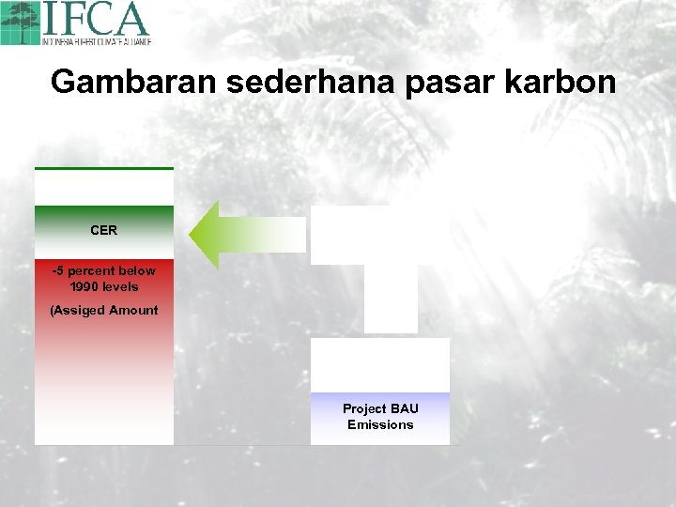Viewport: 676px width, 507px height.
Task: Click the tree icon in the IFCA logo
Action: (x=21, y=23)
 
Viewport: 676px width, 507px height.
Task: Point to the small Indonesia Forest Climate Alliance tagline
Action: (x=96, y=41)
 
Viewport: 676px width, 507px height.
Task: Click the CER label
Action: (x=103, y=230)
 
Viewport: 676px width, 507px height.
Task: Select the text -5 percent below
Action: (x=103, y=271)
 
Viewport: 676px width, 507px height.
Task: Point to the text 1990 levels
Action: (x=103, y=287)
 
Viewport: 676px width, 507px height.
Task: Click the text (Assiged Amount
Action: (x=103, y=311)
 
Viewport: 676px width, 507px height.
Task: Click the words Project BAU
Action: (x=380, y=409)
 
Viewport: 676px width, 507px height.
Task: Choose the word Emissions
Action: (x=380, y=425)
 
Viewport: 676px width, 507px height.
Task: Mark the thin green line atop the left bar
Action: (x=103, y=168)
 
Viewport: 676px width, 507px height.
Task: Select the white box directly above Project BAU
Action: (x=380, y=364)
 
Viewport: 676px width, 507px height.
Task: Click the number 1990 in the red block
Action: (x=85, y=287)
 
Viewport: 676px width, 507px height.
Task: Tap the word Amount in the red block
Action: (x=132, y=311)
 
